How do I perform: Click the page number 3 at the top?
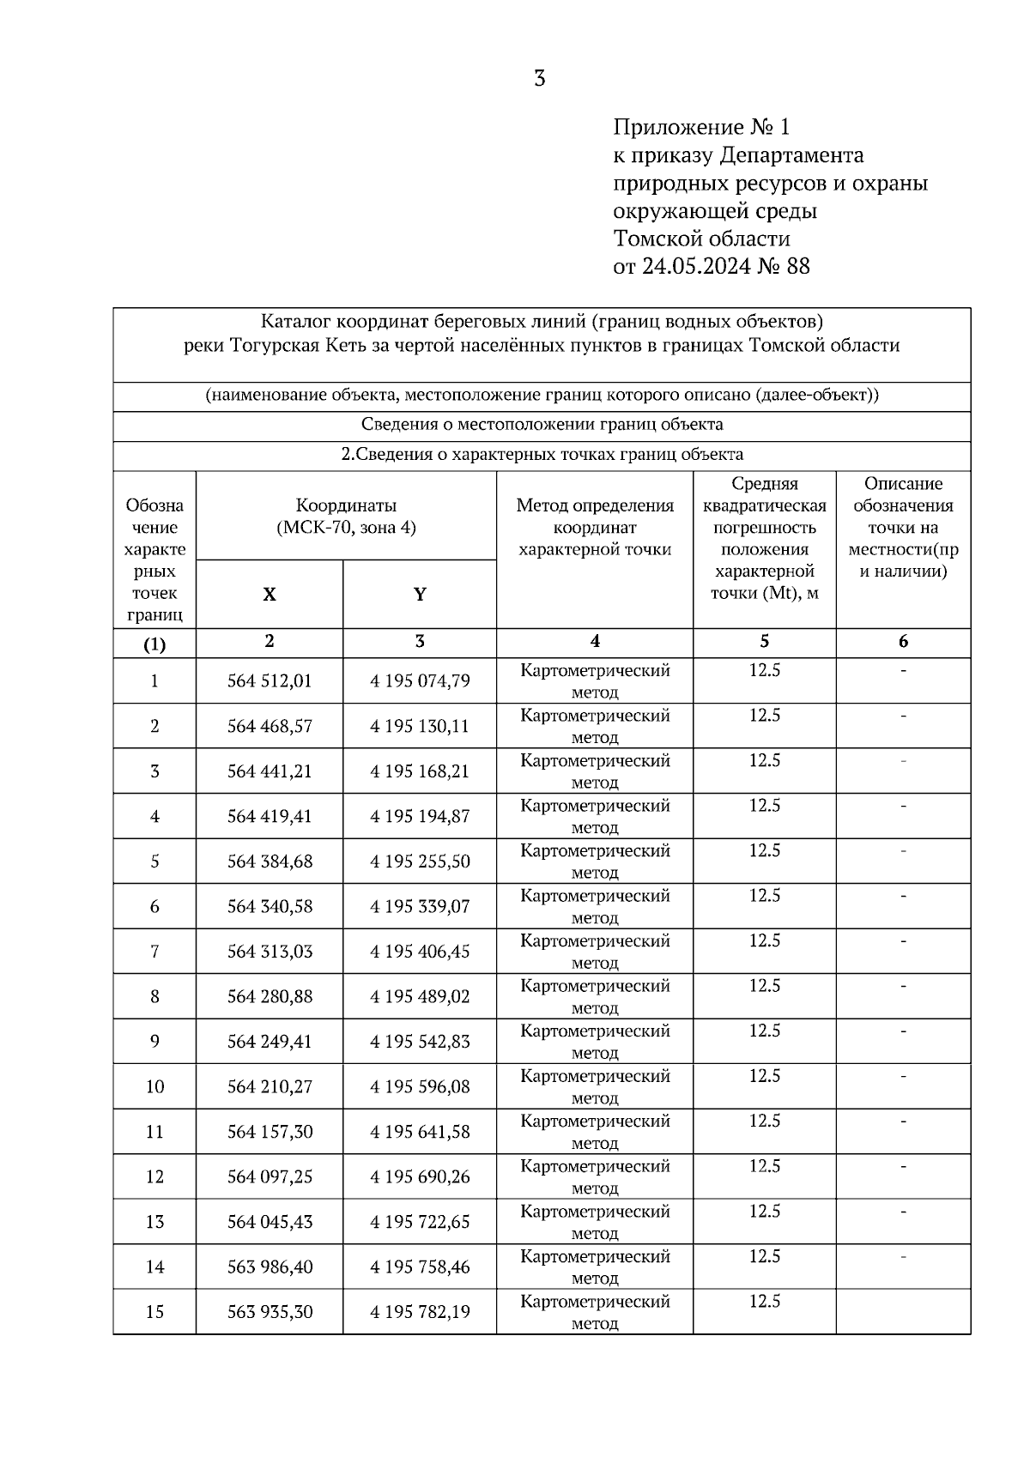tap(539, 79)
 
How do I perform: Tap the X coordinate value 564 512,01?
tap(270, 681)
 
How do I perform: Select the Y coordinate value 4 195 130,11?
tap(420, 727)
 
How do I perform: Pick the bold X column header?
tap(270, 595)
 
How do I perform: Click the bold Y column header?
tap(420, 595)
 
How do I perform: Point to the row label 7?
tap(154, 952)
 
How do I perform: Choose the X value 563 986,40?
tap(270, 1267)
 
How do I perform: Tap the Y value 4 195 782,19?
tap(420, 1312)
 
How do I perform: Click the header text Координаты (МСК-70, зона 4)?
tap(346, 517)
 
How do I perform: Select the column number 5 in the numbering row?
tap(764, 642)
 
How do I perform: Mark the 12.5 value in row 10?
tap(764, 1076)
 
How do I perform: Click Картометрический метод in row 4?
tap(595, 816)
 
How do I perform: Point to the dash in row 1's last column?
tap(903, 671)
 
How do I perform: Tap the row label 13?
tap(154, 1222)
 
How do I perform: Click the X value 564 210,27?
tap(270, 1087)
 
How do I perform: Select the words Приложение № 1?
tap(700, 128)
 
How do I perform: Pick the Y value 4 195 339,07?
tap(420, 907)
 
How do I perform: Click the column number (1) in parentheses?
tap(154, 644)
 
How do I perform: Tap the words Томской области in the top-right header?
tap(701, 238)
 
